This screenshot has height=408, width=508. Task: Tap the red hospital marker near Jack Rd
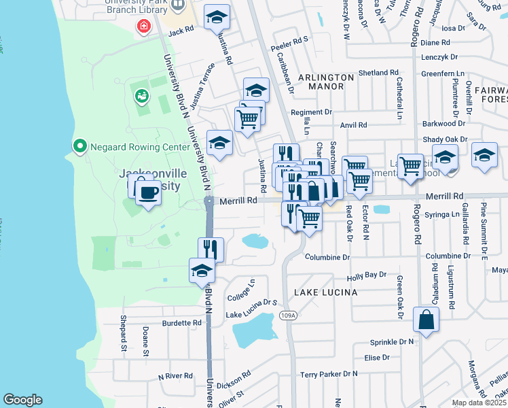pos(143,27)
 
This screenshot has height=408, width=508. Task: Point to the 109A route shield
pos(289,316)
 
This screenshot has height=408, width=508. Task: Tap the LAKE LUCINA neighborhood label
pos(325,292)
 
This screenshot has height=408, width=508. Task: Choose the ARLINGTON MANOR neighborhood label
pos(325,78)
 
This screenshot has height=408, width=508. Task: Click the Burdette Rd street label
pos(182,323)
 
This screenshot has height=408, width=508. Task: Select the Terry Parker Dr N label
pos(329,374)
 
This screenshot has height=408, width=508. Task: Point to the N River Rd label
pos(176,376)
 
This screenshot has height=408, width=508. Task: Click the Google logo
pos(22,400)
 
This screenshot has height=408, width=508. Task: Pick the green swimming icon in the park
pos(142,97)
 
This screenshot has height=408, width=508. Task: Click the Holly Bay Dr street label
pos(366,276)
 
